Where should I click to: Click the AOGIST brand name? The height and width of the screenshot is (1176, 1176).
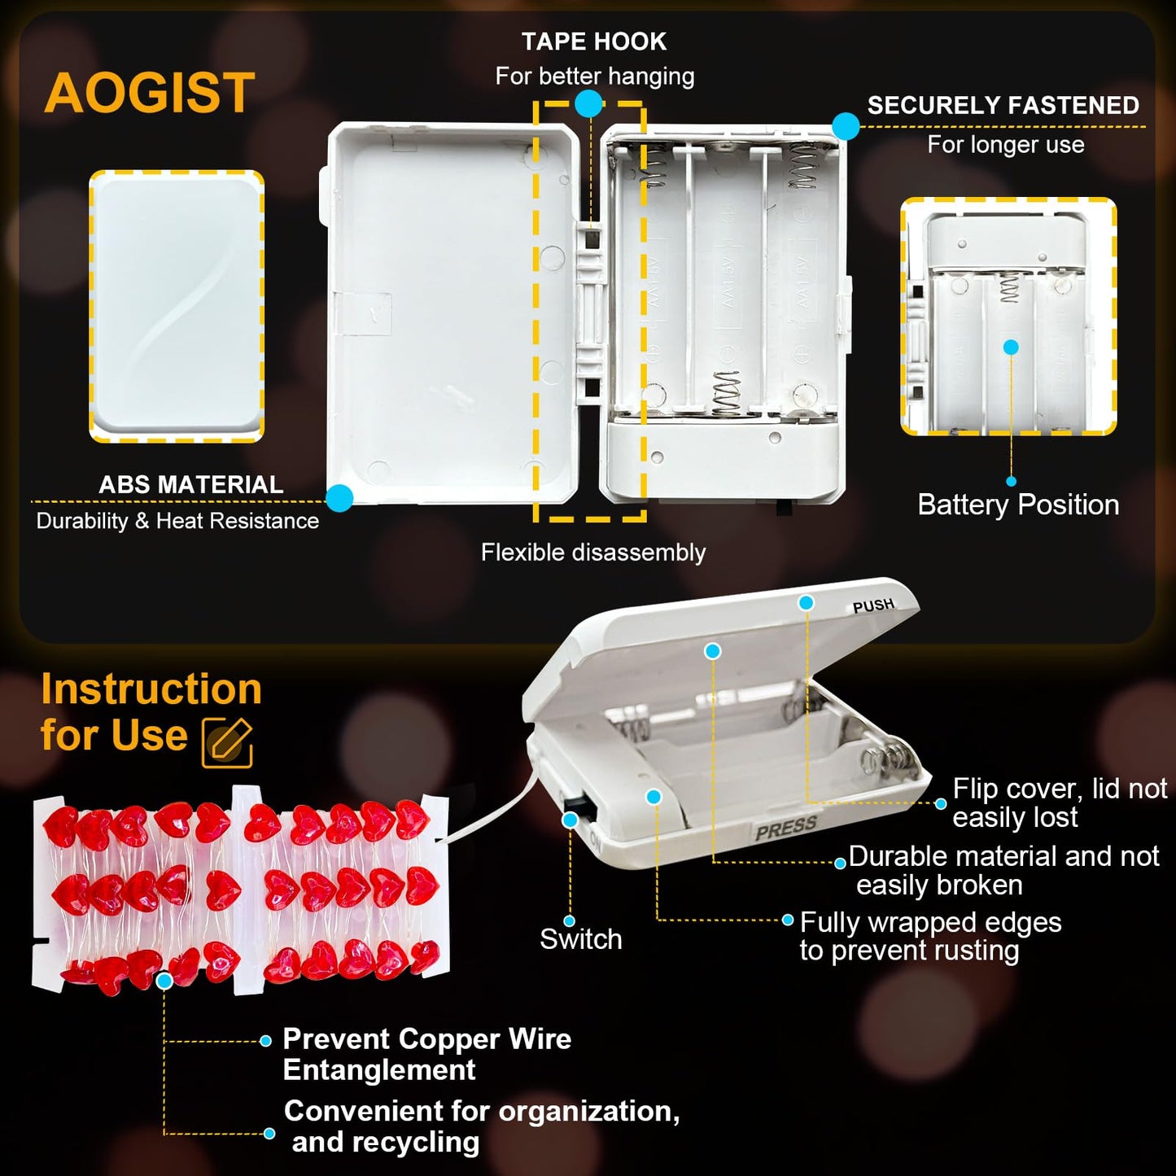click(x=150, y=93)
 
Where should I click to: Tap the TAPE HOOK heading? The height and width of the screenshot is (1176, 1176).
click(x=594, y=42)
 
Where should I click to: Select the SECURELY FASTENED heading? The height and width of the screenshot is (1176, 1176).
click(x=1003, y=105)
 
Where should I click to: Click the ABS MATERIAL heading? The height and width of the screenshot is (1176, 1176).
click(x=191, y=484)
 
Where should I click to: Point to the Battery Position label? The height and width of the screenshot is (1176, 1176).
click(x=1019, y=505)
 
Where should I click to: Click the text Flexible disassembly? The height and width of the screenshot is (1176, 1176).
click(x=593, y=553)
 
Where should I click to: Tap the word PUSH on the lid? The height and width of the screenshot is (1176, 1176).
click(x=873, y=605)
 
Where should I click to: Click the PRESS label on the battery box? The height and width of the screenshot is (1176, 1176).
click(x=786, y=828)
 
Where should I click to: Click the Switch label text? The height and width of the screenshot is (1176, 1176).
click(x=581, y=939)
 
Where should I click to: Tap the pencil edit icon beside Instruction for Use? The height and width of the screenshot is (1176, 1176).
click(x=227, y=742)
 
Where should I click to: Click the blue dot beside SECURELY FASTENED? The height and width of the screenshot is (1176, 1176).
click(x=846, y=126)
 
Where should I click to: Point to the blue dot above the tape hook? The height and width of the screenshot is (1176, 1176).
click(x=588, y=103)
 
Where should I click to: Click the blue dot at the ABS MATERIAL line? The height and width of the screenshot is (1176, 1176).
click(x=339, y=499)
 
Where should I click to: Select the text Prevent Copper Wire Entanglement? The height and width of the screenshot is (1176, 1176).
click(x=427, y=1054)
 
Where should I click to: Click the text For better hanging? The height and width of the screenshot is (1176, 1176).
click(x=595, y=77)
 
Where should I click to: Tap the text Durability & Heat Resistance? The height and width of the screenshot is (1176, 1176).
click(x=177, y=521)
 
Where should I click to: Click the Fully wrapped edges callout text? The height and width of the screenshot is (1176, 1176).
click(x=931, y=937)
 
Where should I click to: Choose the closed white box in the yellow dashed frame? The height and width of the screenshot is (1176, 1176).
click(x=177, y=306)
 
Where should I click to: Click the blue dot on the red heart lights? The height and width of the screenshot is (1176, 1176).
click(x=164, y=981)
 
